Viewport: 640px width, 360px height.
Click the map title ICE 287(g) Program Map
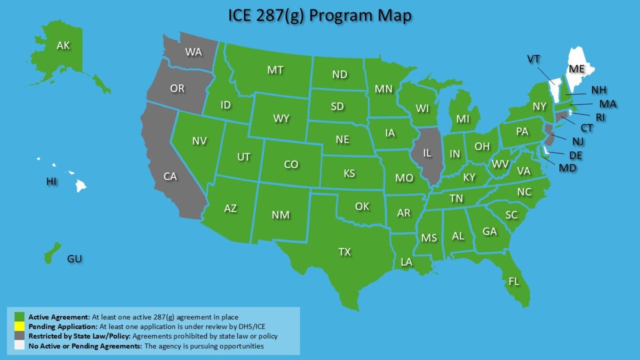point(319,16)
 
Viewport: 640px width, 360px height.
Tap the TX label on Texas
point(345,252)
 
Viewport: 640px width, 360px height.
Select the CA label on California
point(170,176)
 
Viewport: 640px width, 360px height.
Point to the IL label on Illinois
point(427,153)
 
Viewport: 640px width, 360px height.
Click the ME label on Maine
point(577,69)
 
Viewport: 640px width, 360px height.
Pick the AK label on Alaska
point(63,46)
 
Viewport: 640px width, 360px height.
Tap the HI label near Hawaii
point(51,182)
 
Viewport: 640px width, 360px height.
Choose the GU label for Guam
point(75,259)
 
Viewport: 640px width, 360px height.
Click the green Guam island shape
point(51,253)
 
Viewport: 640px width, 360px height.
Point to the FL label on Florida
point(514,282)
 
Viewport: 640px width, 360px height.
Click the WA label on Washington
point(193,52)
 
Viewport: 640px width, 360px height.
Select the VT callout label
point(534,59)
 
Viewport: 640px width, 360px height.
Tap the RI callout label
point(601,117)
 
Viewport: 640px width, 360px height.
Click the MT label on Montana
point(275,70)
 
